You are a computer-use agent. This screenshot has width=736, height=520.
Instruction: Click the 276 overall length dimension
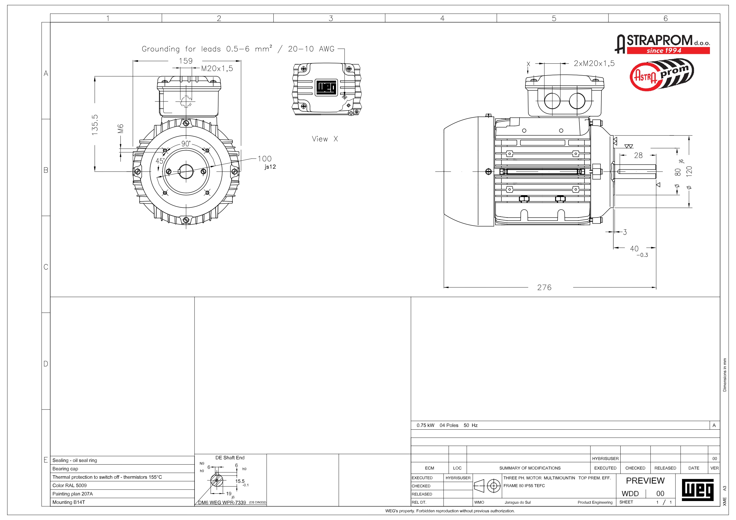point(544,287)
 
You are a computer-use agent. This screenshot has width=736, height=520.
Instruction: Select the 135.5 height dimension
point(95,125)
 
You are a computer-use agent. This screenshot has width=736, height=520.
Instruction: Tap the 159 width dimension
point(186,61)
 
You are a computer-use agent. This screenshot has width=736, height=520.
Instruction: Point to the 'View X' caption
point(325,139)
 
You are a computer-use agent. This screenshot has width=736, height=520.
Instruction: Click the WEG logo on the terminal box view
point(326,87)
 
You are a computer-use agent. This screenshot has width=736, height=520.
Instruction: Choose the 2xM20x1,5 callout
point(594,63)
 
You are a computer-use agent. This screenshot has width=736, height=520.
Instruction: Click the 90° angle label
point(186,143)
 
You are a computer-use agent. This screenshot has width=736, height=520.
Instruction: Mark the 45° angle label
point(160,161)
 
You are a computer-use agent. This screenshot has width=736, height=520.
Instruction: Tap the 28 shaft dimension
point(638,155)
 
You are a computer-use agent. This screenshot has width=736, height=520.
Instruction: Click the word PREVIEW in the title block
point(645,481)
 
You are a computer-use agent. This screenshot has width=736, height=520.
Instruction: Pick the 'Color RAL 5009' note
point(70,485)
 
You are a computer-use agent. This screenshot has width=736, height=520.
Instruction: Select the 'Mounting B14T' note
point(68,502)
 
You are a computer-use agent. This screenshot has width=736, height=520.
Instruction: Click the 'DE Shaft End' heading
point(230,457)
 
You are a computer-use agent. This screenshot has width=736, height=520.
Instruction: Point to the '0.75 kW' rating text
point(426,425)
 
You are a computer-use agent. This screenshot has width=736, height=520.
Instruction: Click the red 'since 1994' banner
point(668,50)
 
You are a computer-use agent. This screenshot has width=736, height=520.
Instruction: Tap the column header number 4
point(442,18)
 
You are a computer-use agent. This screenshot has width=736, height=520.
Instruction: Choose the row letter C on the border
point(46,267)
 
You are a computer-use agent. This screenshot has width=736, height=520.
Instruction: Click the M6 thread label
point(120,129)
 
